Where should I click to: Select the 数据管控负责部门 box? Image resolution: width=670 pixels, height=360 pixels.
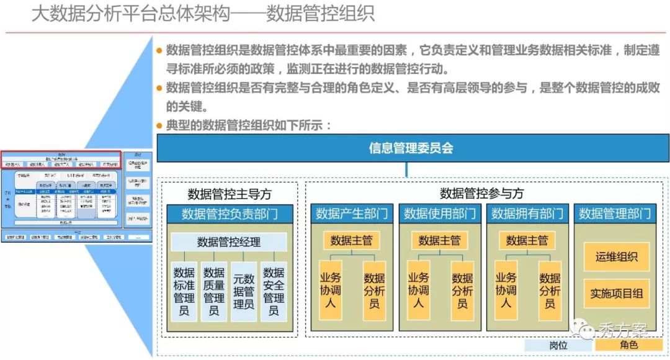(x=229, y=214)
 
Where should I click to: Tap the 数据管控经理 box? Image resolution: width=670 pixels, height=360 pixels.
(x=229, y=242)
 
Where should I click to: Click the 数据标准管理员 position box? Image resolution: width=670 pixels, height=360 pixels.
(x=184, y=291)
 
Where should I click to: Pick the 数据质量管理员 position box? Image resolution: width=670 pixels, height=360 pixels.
(x=213, y=291)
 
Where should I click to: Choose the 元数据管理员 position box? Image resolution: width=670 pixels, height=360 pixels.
(x=244, y=291)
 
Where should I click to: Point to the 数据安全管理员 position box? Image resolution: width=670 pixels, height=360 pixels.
(x=274, y=291)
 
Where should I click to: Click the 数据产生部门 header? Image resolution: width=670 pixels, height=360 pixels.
(x=352, y=214)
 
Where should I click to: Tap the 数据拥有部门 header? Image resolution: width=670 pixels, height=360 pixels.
(x=527, y=214)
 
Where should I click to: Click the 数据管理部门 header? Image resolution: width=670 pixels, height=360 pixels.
(x=615, y=214)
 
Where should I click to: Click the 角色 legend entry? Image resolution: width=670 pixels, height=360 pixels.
(x=628, y=345)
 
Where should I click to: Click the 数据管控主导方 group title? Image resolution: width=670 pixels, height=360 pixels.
(x=229, y=194)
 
